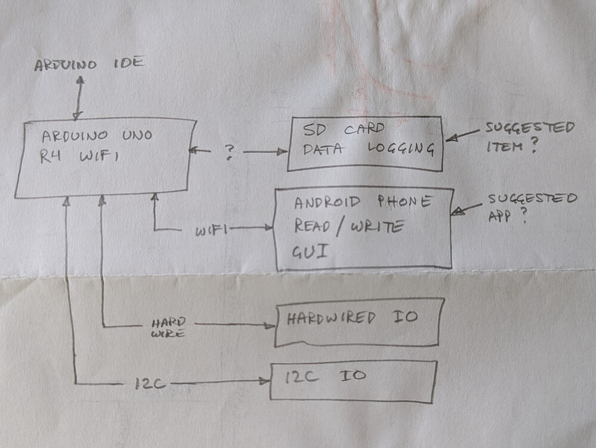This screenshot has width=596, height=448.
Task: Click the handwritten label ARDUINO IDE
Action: [x=89, y=64]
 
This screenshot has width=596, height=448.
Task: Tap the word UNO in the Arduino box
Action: [x=137, y=135]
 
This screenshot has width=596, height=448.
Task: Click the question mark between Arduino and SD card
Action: [x=229, y=152]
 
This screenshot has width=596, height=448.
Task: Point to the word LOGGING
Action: [x=401, y=149]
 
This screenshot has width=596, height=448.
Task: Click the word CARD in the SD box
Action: [x=364, y=129]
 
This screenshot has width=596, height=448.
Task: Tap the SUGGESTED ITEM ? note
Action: [x=530, y=136]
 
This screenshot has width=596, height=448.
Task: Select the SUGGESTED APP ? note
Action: [x=532, y=208]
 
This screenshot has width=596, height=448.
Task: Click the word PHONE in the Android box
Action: [x=404, y=201]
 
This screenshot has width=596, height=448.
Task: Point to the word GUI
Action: [x=310, y=251]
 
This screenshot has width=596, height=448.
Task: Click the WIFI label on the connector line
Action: [x=211, y=230]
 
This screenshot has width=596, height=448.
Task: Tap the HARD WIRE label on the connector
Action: [x=168, y=328]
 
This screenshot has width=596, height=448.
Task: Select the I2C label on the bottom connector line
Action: [x=150, y=383]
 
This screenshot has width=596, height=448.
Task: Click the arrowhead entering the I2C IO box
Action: [x=264, y=381]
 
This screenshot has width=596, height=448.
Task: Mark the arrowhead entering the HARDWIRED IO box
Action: [x=270, y=326]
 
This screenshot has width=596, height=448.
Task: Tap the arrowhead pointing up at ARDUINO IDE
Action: [x=81, y=80]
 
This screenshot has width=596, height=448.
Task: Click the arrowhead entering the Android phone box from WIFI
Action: [x=269, y=228]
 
